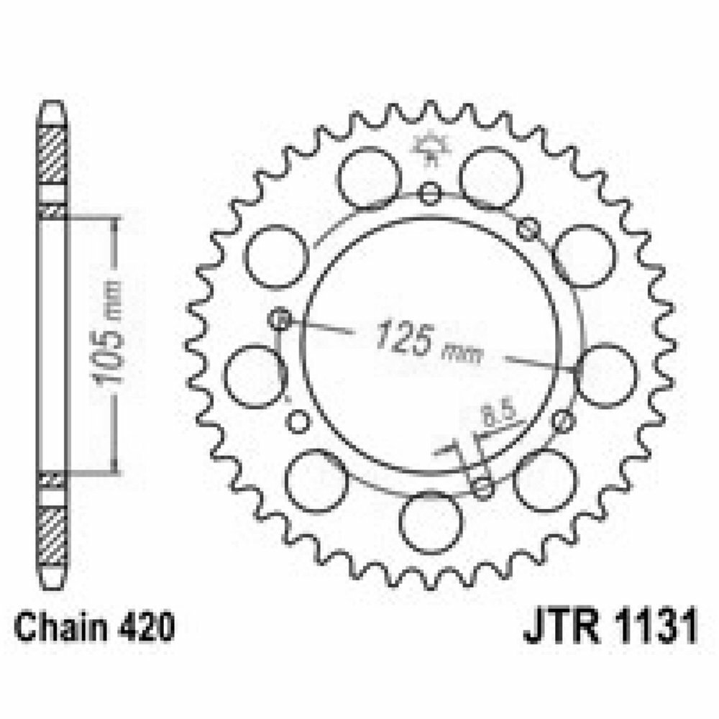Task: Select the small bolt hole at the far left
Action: pos(280,319)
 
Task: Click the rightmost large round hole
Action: pos(606,375)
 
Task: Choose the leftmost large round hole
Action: pos(253,375)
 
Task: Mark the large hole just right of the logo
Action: pos(490,177)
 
